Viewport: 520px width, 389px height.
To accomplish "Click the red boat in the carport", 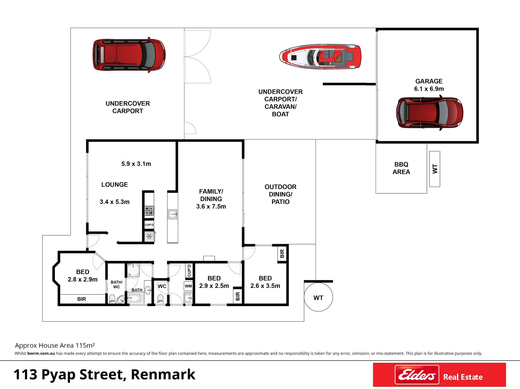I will [x=320, y=57].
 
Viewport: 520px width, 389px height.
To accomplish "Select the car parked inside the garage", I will [x=429, y=113].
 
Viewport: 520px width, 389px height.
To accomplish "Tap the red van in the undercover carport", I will [x=129, y=55].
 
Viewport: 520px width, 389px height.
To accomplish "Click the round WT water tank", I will [x=318, y=298].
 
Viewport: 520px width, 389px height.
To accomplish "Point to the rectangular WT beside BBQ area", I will [x=434, y=169].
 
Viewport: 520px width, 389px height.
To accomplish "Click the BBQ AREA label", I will [x=401, y=168].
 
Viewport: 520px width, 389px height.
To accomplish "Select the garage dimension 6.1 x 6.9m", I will [x=429, y=89].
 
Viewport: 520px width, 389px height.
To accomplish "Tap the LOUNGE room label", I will [x=114, y=184].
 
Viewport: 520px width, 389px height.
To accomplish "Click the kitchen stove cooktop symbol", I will [x=149, y=211].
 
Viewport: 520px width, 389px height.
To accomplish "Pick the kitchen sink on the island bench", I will [x=172, y=215].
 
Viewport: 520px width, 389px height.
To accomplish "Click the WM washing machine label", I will [x=188, y=286].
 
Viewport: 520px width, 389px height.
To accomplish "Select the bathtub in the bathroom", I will [x=136, y=298].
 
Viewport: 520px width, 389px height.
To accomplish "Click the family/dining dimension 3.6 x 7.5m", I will [x=211, y=206].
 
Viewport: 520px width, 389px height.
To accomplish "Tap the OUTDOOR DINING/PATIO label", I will [x=280, y=194].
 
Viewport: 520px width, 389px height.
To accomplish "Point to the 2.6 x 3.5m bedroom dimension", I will [x=265, y=286].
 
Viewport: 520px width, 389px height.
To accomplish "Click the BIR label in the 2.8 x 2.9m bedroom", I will [x=82, y=299].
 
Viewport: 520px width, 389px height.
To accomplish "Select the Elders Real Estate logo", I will [x=439, y=375].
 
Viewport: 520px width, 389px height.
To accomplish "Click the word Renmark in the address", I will [x=163, y=375].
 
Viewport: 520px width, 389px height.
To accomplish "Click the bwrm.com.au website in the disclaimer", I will [x=41, y=353].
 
